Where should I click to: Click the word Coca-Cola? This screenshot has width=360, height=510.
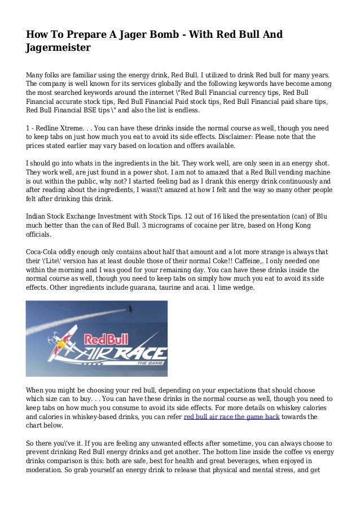[43, 252]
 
